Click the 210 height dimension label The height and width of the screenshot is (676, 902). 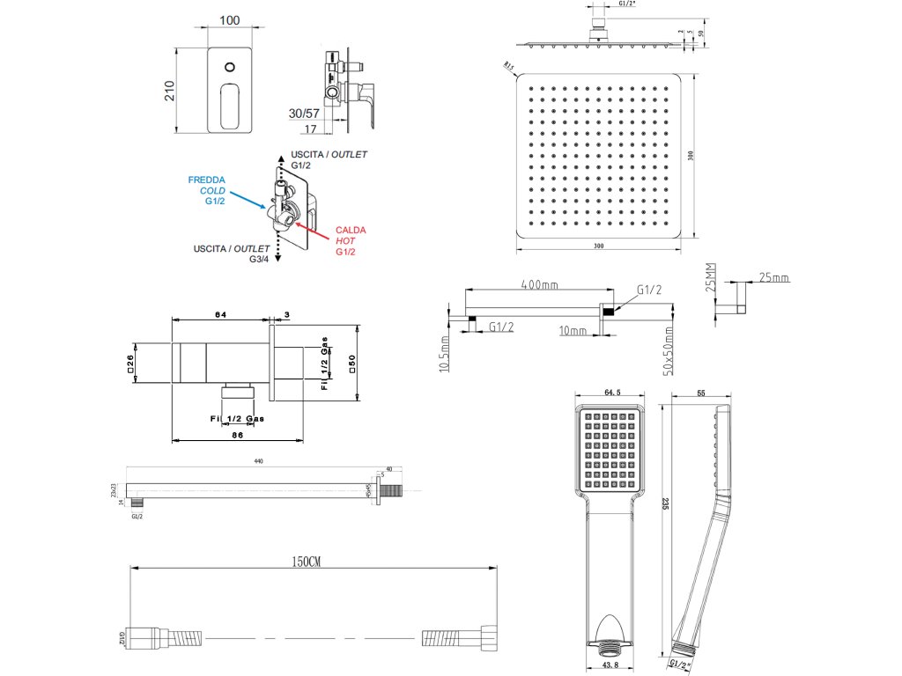point(169,90)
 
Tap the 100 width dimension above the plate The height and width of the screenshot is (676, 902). point(231,20)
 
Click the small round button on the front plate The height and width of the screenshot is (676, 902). point(231,67)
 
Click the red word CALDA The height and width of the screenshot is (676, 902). point(351,230)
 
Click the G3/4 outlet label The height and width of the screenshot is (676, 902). point(259,260)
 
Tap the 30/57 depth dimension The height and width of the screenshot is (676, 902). point(305,114)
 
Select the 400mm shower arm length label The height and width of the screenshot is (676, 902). point(540,284)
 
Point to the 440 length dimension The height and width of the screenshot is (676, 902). point(258,460)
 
